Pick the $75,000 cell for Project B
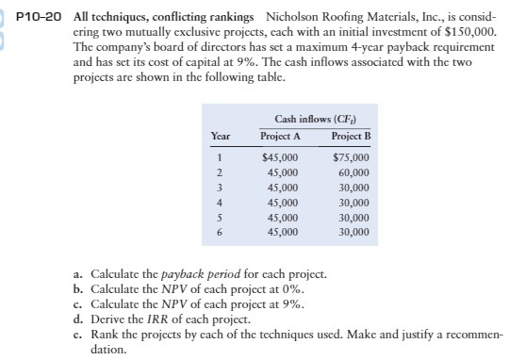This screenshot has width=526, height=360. click(x=352, y=158)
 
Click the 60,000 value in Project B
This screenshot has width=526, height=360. click(x=354, y=172)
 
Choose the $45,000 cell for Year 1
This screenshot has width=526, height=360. click(x=279, y=158)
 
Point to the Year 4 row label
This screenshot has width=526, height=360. click(x=219, y=202)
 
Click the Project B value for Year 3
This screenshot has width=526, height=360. click(x=354, y=188)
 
